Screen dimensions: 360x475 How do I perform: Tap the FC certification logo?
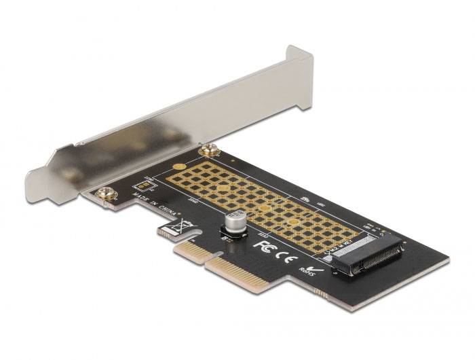coord(264,243)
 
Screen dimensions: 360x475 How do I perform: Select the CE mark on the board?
coord(286,252)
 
